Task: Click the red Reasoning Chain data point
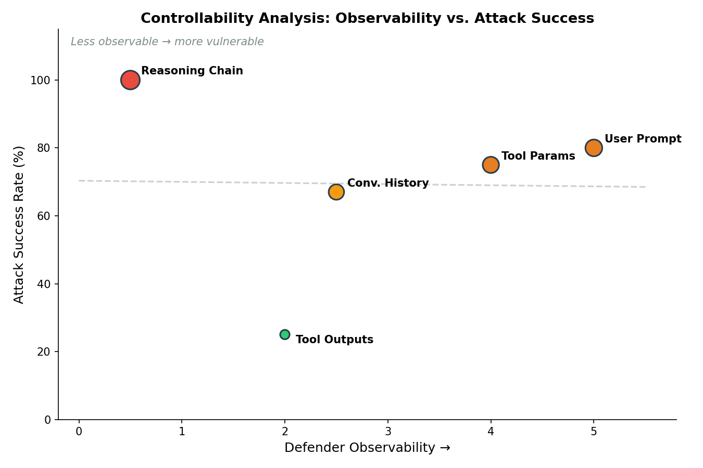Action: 130,80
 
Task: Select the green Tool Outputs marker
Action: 285,334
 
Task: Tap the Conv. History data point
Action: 336,192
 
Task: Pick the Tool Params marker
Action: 491,165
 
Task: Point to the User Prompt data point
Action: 594,148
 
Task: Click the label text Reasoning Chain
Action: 192,71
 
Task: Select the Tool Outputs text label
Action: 334,340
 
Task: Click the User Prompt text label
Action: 643,139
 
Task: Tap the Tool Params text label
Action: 538,157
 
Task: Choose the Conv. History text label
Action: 387,184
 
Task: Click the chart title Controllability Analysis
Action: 367,19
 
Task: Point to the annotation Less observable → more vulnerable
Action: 167,42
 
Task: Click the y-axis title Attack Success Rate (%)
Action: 19,225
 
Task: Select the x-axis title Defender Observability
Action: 367,448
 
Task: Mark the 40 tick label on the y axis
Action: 46,284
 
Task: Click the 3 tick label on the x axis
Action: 388,432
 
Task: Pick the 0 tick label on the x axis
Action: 79,432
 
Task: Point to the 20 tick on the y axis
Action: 46,352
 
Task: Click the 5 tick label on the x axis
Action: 594,432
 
